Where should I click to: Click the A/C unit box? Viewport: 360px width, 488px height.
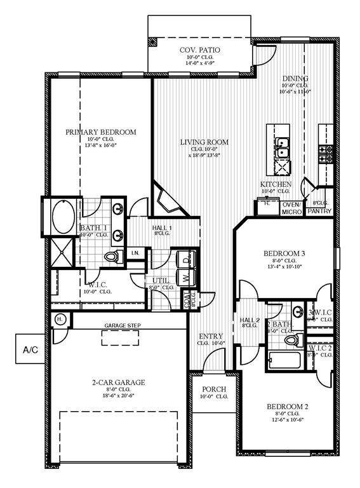(29, 349)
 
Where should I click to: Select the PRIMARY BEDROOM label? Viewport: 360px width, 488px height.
(101, 132)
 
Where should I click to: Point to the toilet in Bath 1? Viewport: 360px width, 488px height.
(114, 256)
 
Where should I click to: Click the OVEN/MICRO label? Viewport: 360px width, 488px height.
(291, 208)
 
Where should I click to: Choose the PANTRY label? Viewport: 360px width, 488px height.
(319, 212)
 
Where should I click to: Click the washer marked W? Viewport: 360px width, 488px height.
(186, 278)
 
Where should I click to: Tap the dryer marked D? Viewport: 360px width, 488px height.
(186, 259)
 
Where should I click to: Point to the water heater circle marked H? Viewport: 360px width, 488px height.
(59, 319)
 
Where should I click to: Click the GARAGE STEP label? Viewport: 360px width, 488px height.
(123, 326)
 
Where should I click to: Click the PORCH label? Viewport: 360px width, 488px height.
(210, 389)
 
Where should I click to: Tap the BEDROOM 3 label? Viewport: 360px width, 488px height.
(284, 254)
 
